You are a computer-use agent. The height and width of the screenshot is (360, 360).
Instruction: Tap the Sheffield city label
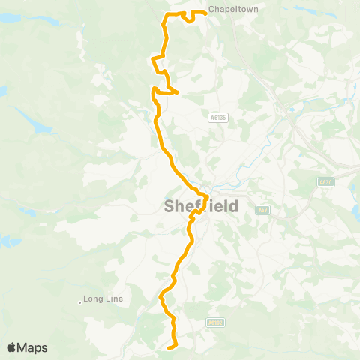coord(201,207)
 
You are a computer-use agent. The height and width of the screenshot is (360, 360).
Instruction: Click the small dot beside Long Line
coord(80,302)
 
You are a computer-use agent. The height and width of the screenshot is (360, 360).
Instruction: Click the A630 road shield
coord(325,181)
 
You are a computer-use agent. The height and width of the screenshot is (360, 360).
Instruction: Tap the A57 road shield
coord(262,210)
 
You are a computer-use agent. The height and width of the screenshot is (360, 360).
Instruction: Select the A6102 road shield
coord(216,322)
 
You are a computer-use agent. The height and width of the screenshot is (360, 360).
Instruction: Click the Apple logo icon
coord(12,347)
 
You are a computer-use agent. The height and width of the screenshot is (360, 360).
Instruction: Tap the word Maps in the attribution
coord(33,347)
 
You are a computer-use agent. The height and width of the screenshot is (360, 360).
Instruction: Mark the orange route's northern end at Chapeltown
coord(206,12)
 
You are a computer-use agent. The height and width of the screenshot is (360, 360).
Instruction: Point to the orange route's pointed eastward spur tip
coord(178,92)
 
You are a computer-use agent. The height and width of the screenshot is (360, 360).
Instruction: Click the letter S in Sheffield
coord(169,207)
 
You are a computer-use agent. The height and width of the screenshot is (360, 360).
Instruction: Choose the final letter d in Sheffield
coord(234,207)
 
